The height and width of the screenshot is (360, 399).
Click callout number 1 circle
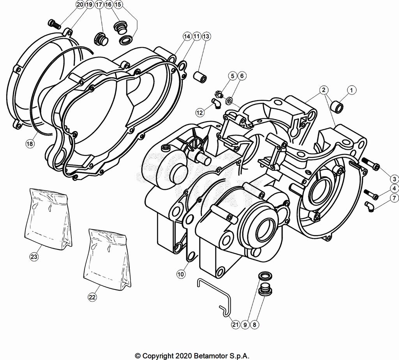pyautogui.click(x=351, y=90)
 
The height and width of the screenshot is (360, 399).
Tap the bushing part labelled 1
pyautogui.click(x=336, y=105)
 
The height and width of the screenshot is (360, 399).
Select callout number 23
pyautogui.click(x=34, y=256)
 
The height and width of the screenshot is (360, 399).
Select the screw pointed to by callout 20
pyautogui.click(x=54, y=24)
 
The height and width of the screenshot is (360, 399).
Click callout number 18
pyautogui.click(x=30, y=144)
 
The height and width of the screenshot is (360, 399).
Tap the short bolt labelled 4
pyautogui.click(x=371, y=193)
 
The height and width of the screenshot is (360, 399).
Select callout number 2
pyautogui.click(x=323, y=90)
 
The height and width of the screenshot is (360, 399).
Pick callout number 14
pyautogui.click(x=187, y=36)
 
